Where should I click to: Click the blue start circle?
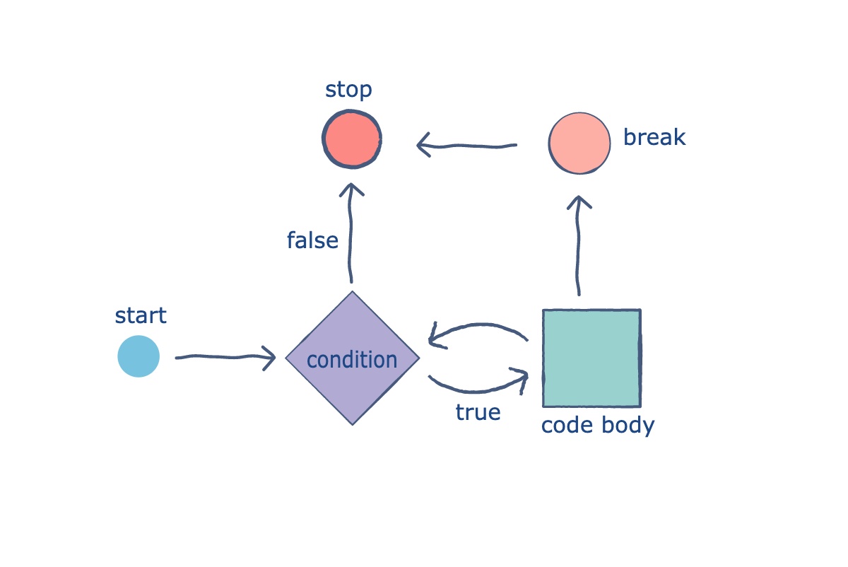pos(139,356)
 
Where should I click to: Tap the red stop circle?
pos(352,139)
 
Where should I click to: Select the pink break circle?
pos(579,143)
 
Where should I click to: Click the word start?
pos(141,315)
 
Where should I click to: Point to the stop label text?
pos(348,90)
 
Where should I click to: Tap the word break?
pos(654,137)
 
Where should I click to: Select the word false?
pos(312,241)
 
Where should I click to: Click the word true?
pos(478,412)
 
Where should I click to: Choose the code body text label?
pos(598,426)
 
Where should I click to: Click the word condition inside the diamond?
pos(352,360)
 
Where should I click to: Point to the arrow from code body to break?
pos(579,247)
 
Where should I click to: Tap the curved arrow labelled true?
pos(477,386)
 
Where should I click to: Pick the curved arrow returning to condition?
pos(481,328)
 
